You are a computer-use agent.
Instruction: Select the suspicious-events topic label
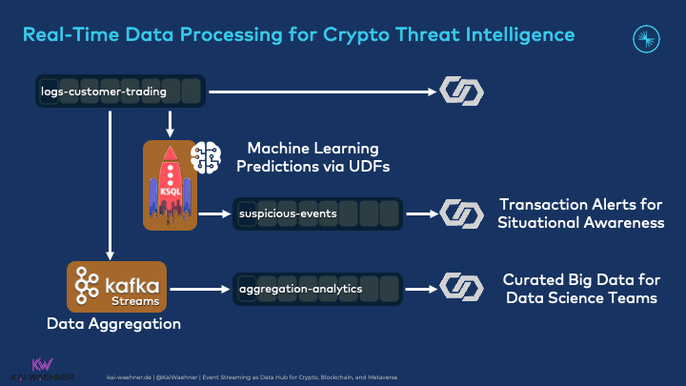click(x=288, y=213)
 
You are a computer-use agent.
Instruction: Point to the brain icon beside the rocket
click(x=206, y=157)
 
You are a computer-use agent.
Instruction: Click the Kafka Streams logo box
click(x=116, y=287)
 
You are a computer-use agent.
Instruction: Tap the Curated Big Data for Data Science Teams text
click(x=580, y=288)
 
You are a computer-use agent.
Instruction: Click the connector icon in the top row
click(x=461, y=91)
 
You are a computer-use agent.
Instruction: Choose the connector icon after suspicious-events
click(x=461, y=213)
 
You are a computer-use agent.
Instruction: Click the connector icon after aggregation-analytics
click(x=461, y=287)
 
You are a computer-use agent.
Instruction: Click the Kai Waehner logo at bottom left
click(x=42, y=369)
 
